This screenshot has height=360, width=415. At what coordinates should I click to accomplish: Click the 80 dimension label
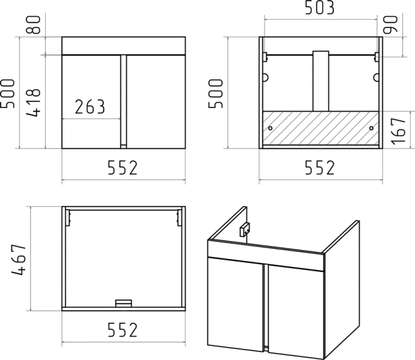[x=34, y=25]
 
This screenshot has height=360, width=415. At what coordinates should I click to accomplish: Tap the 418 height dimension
[x=34, y=103]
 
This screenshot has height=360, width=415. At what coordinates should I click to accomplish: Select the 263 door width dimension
[x=90, y=107]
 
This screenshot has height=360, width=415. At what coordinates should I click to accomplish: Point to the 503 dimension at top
[x=320, y=7]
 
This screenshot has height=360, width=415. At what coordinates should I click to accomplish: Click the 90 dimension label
[x=390, y=25]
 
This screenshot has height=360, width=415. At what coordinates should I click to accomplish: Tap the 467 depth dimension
[x=19, y=260]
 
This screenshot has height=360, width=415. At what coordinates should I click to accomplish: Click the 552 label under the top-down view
[x=123, y=329]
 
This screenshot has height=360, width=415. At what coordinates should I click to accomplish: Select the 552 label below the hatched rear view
[x=320, y=167]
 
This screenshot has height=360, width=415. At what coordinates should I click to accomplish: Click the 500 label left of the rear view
[x=216, y=94]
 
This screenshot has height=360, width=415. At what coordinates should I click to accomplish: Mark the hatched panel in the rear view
[x=321, y=128]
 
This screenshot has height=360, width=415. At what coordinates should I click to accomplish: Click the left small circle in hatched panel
[x=270, y=128]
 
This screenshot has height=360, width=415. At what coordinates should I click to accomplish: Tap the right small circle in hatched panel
[x=371, y=128]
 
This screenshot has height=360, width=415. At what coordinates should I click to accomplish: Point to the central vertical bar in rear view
[x=321, y=81]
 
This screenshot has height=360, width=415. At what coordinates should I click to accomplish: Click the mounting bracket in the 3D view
[x=244, y=230]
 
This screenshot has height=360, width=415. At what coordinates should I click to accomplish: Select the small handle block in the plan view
[x=124, y=303]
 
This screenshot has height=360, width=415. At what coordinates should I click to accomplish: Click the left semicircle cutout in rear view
[x=265, y=77]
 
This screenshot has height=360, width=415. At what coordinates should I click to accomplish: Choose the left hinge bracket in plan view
[x=68, y=218]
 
